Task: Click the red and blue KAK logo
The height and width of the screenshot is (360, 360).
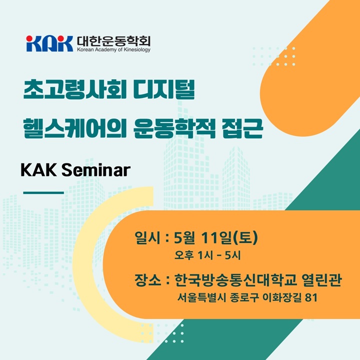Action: coord(49,43)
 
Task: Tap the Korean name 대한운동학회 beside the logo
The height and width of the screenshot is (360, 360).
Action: coord(113,41)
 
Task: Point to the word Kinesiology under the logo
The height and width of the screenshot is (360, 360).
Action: coord(137,49)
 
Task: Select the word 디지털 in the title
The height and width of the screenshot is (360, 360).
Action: coord(164,89)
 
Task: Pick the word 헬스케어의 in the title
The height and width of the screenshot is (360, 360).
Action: coord(75,128)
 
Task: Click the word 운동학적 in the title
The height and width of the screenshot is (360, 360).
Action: coord(174,128)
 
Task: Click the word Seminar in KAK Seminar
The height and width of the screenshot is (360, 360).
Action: coord(96,170)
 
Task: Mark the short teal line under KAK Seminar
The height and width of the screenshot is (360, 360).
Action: coord(43,193)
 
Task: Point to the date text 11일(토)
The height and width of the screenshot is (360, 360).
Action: coord(229,237)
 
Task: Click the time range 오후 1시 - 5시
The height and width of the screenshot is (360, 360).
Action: coord(207,255)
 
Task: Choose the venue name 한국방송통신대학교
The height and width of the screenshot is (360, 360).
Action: coord(235,280)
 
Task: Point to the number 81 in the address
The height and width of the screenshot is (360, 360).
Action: coord(311,298)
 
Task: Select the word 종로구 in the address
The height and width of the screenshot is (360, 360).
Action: coord(244,298)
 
